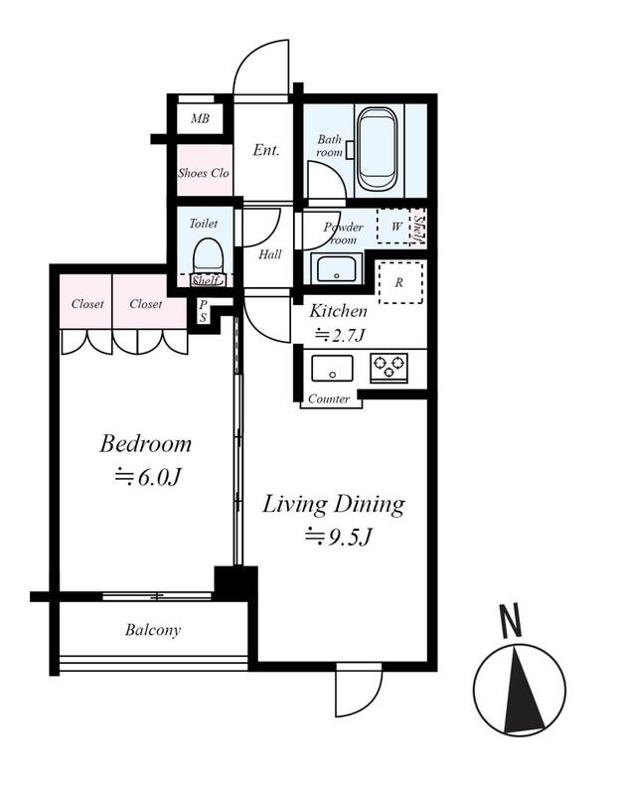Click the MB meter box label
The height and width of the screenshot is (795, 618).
pyautogui.click(x=201, y=118)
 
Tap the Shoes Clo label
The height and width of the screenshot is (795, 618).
pyautogui.click(x=204, y=173)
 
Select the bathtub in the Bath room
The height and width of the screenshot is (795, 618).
pyautogui.click(x=377, y=149)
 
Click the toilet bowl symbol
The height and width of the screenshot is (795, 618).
pyautogui.click(x=208, y=256)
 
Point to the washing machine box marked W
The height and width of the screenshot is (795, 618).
pyautogui.click(x=393, y=227)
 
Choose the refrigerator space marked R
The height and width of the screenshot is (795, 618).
pyautogui.click(x=400, y=282)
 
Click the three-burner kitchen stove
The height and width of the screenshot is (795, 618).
pyautogui.click(x=388, y=368)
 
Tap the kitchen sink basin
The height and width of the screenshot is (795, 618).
pyautogui.click(x=332, y=368)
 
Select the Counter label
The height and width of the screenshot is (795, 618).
pyautogui.click(x=329, y=399)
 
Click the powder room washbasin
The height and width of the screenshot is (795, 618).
pyautogui.click(x=337, y=268)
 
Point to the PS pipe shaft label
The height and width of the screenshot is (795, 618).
pyautogui.click(x=203, y=311)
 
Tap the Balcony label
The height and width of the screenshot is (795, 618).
pyautogui.click(x=153, y=630)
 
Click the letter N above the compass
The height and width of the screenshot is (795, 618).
pyautogui.click(x=511, y=620)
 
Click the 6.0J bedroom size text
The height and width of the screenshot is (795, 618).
pyautogui.click(x=147, y=477)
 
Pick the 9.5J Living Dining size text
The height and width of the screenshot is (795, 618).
pyautogui.click(x=338, y=537)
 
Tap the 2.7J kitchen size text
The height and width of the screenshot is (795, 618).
pyautogui.click(x=340, y=335)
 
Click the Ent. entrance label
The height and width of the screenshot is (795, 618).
pyautogui.click(x=266, y=150)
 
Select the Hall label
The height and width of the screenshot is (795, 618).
pyautogui.click(x=269, y=254)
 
